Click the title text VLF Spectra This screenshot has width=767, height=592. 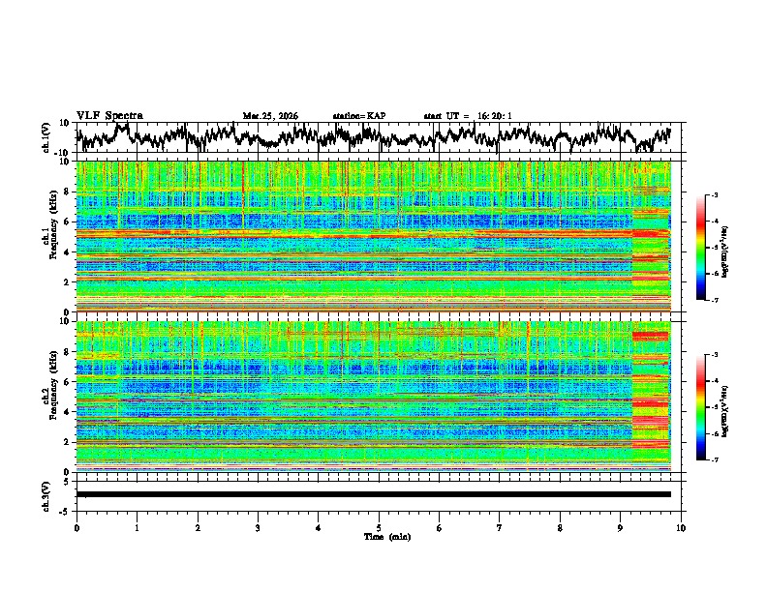tap(109, 116)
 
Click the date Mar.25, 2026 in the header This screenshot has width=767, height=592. tap(270, 116)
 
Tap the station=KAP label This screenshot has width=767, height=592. tap(359, 116)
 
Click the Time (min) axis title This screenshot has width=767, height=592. tap(379, 536)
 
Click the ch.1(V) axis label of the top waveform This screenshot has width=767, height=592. tap(47, 137)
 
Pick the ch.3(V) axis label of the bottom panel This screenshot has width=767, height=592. tap(47, 493)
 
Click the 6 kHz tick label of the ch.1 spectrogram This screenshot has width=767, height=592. tap(68, 222)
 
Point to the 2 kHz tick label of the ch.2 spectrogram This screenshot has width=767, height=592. tap(68, 441)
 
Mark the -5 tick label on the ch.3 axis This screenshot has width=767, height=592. tap(66, 509)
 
